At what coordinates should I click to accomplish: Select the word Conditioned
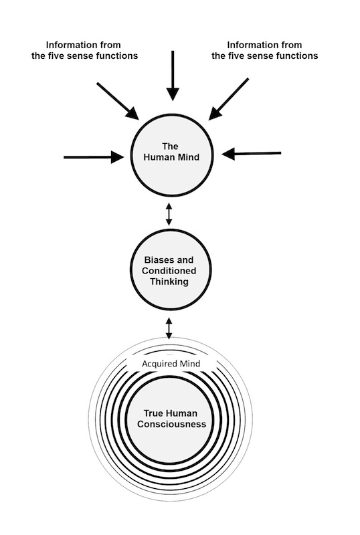[x=169, y=271]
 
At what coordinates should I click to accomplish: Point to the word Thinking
[x=169, y=282]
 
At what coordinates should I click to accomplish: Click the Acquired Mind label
[x=171, y=364]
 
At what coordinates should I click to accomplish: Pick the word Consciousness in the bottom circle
[x=172, y=424]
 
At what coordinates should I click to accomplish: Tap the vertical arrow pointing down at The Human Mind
[x=173, y=76]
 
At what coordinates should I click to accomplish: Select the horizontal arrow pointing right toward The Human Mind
[x=94, y=157]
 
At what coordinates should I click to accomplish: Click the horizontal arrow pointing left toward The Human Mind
[x=252, y=154]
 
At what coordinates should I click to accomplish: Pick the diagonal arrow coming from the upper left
[x=118, y=101]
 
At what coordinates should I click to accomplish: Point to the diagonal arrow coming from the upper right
[x=228, y=99]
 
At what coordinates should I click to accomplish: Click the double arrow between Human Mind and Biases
[x=169, y=214]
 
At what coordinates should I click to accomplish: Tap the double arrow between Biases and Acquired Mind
[x=169, y=328]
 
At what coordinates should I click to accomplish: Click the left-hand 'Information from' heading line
[x=84, y=45]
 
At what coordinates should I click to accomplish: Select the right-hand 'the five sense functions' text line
[x=265, y=56]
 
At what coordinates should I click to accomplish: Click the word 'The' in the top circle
[x=170, y=146]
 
